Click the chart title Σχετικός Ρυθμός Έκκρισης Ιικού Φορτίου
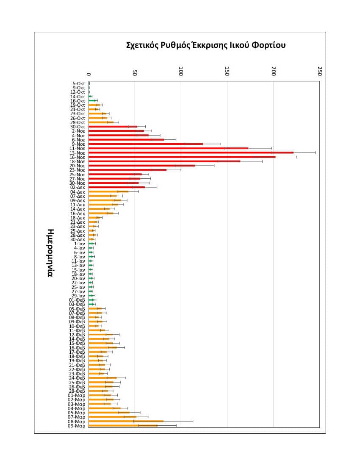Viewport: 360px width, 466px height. [206, 45]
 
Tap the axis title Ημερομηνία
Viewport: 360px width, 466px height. [50, 253]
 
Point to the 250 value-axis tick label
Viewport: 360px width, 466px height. [320, 71]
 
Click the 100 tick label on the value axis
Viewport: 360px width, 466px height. [181, 71]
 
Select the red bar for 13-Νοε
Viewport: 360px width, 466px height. [191, 153]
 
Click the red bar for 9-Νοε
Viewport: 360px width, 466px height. [146, 144]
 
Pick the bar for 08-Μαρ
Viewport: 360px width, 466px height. [126, 421]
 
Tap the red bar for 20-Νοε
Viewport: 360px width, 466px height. [142, 166]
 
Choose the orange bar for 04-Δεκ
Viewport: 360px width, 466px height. [109, 191]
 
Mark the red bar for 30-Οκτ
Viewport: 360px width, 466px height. [113, 127]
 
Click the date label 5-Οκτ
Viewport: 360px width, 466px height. [79, 83]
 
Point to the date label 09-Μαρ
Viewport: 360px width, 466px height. [76, 426]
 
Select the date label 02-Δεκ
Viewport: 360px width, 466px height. [78, 187]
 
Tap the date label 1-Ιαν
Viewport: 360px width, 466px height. [80, 244]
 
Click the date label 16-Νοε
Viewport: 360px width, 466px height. [77, 157]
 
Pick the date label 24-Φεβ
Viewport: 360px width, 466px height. [77, 378]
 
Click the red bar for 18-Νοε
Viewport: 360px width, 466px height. [165, 161]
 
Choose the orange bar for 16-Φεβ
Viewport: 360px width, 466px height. [103, 347]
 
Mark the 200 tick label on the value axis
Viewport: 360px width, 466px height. [274, 71]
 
